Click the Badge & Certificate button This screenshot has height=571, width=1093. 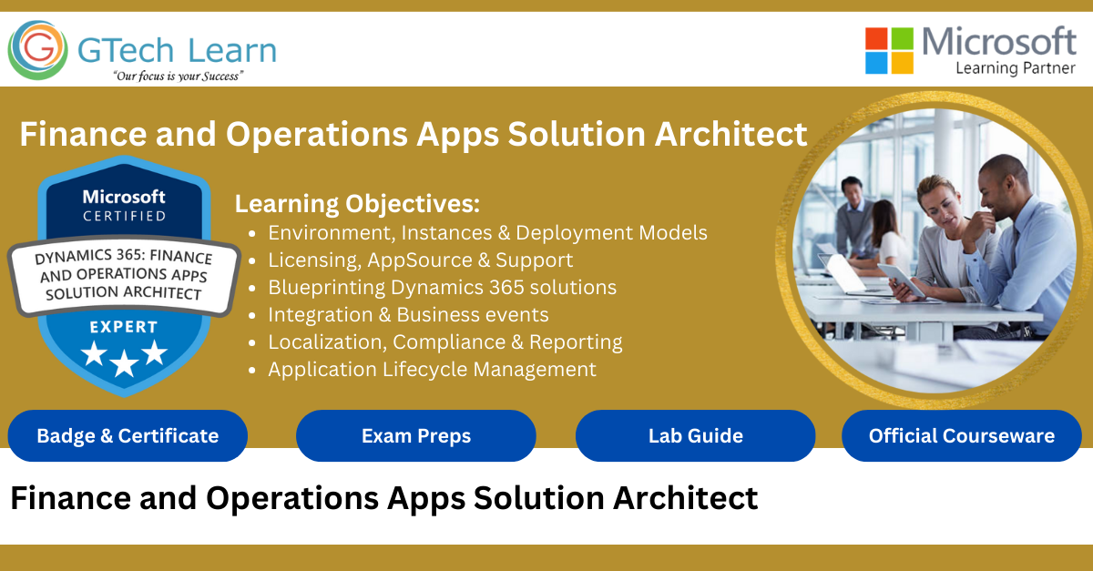point(128,435)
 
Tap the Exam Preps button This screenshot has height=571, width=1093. point(416,435)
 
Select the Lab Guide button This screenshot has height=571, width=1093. point(695,435)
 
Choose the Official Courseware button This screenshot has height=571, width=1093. point(961,435)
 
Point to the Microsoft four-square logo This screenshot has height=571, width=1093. point(888,50)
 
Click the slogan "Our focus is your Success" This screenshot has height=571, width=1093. point(177,76)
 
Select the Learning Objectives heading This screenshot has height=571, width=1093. point(357,203)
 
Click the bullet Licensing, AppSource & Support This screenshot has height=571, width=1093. point(420,260)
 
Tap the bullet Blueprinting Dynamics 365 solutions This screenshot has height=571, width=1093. point(442,287)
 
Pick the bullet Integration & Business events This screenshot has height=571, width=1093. point(408,314)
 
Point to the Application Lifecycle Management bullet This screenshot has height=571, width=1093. point(432,369)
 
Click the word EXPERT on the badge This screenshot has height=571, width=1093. point(124,327)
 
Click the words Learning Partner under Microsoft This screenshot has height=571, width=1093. point(1016,67)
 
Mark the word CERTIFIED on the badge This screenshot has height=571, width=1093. point(125,216)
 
